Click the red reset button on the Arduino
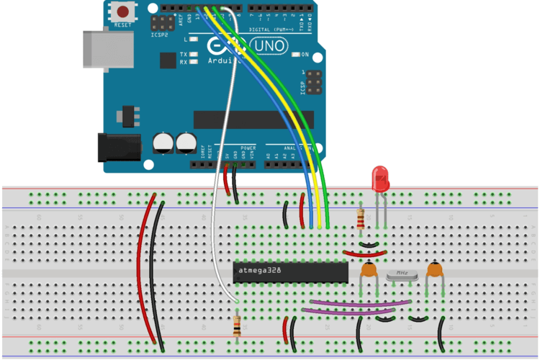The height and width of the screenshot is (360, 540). (x=125, y=12)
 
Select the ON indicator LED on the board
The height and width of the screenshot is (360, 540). (x=295, y=55)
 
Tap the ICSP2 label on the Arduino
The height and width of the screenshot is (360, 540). (x=160, y=35)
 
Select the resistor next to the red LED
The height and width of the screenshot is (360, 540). (x=361, y=217)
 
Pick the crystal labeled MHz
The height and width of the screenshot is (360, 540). (x=402, y=274)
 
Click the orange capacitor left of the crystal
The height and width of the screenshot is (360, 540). (x=369, y=271)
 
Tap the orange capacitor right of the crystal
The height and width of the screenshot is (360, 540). (x=434, y=271)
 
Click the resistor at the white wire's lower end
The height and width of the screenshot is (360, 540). (x=238, y=326)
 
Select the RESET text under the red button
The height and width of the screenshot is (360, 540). (x=124, y=25)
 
